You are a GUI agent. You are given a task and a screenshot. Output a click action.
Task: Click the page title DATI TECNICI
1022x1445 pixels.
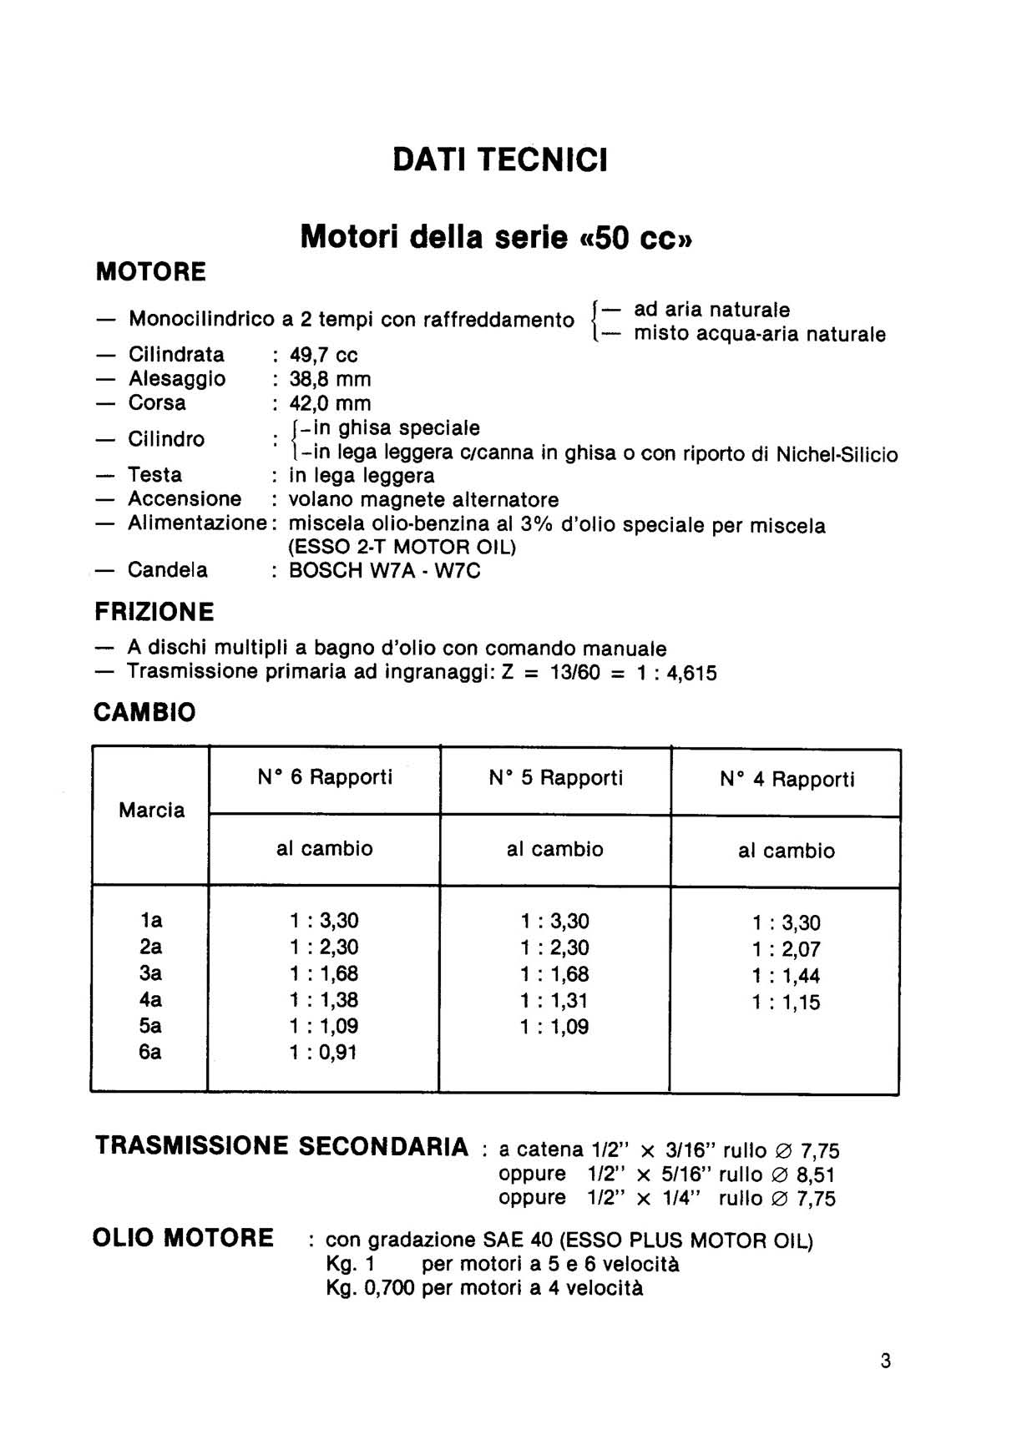[x=500, y=159]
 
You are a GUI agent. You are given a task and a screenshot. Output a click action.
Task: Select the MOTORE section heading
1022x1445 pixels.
[x=151, y=271]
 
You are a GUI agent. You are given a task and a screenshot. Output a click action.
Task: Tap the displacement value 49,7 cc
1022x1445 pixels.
[x=323, y=355]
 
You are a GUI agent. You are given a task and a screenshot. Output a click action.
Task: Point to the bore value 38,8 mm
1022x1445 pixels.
[x=330, y=379]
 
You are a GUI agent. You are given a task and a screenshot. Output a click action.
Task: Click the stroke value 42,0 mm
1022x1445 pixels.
[x=330, y=403]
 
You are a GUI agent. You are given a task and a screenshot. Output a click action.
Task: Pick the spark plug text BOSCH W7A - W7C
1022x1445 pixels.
[x=385, y=571]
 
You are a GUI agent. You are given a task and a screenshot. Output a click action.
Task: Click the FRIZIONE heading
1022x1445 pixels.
[x=154, y=612]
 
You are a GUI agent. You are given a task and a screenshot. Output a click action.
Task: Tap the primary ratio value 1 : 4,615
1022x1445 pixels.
[x=676, y=673]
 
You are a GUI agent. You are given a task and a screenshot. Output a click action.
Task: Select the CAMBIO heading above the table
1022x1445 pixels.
[x=145, y=712]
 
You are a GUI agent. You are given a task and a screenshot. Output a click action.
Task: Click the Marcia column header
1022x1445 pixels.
[x=151, y=810]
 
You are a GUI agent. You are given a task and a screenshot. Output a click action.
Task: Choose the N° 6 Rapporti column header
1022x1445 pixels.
[x=325, y=777]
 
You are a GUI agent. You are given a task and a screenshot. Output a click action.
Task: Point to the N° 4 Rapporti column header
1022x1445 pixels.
[x=787, y=780]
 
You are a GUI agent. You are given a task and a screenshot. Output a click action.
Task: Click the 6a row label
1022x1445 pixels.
[x=150, y=1052]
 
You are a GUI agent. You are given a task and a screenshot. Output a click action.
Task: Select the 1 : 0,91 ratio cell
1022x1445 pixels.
[x=324, y=1052]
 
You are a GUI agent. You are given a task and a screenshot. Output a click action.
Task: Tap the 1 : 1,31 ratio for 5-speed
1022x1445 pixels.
[x=554, y=1000]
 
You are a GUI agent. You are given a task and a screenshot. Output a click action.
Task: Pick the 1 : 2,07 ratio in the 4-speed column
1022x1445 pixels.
[x=786, y=949]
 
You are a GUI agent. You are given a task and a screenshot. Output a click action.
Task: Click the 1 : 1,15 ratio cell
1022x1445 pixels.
[x=786, y=1002]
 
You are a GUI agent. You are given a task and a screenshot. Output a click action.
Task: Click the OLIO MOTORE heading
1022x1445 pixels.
[x=183, y=1237]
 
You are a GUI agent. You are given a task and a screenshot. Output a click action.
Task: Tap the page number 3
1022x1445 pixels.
[x=885, y=1362]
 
